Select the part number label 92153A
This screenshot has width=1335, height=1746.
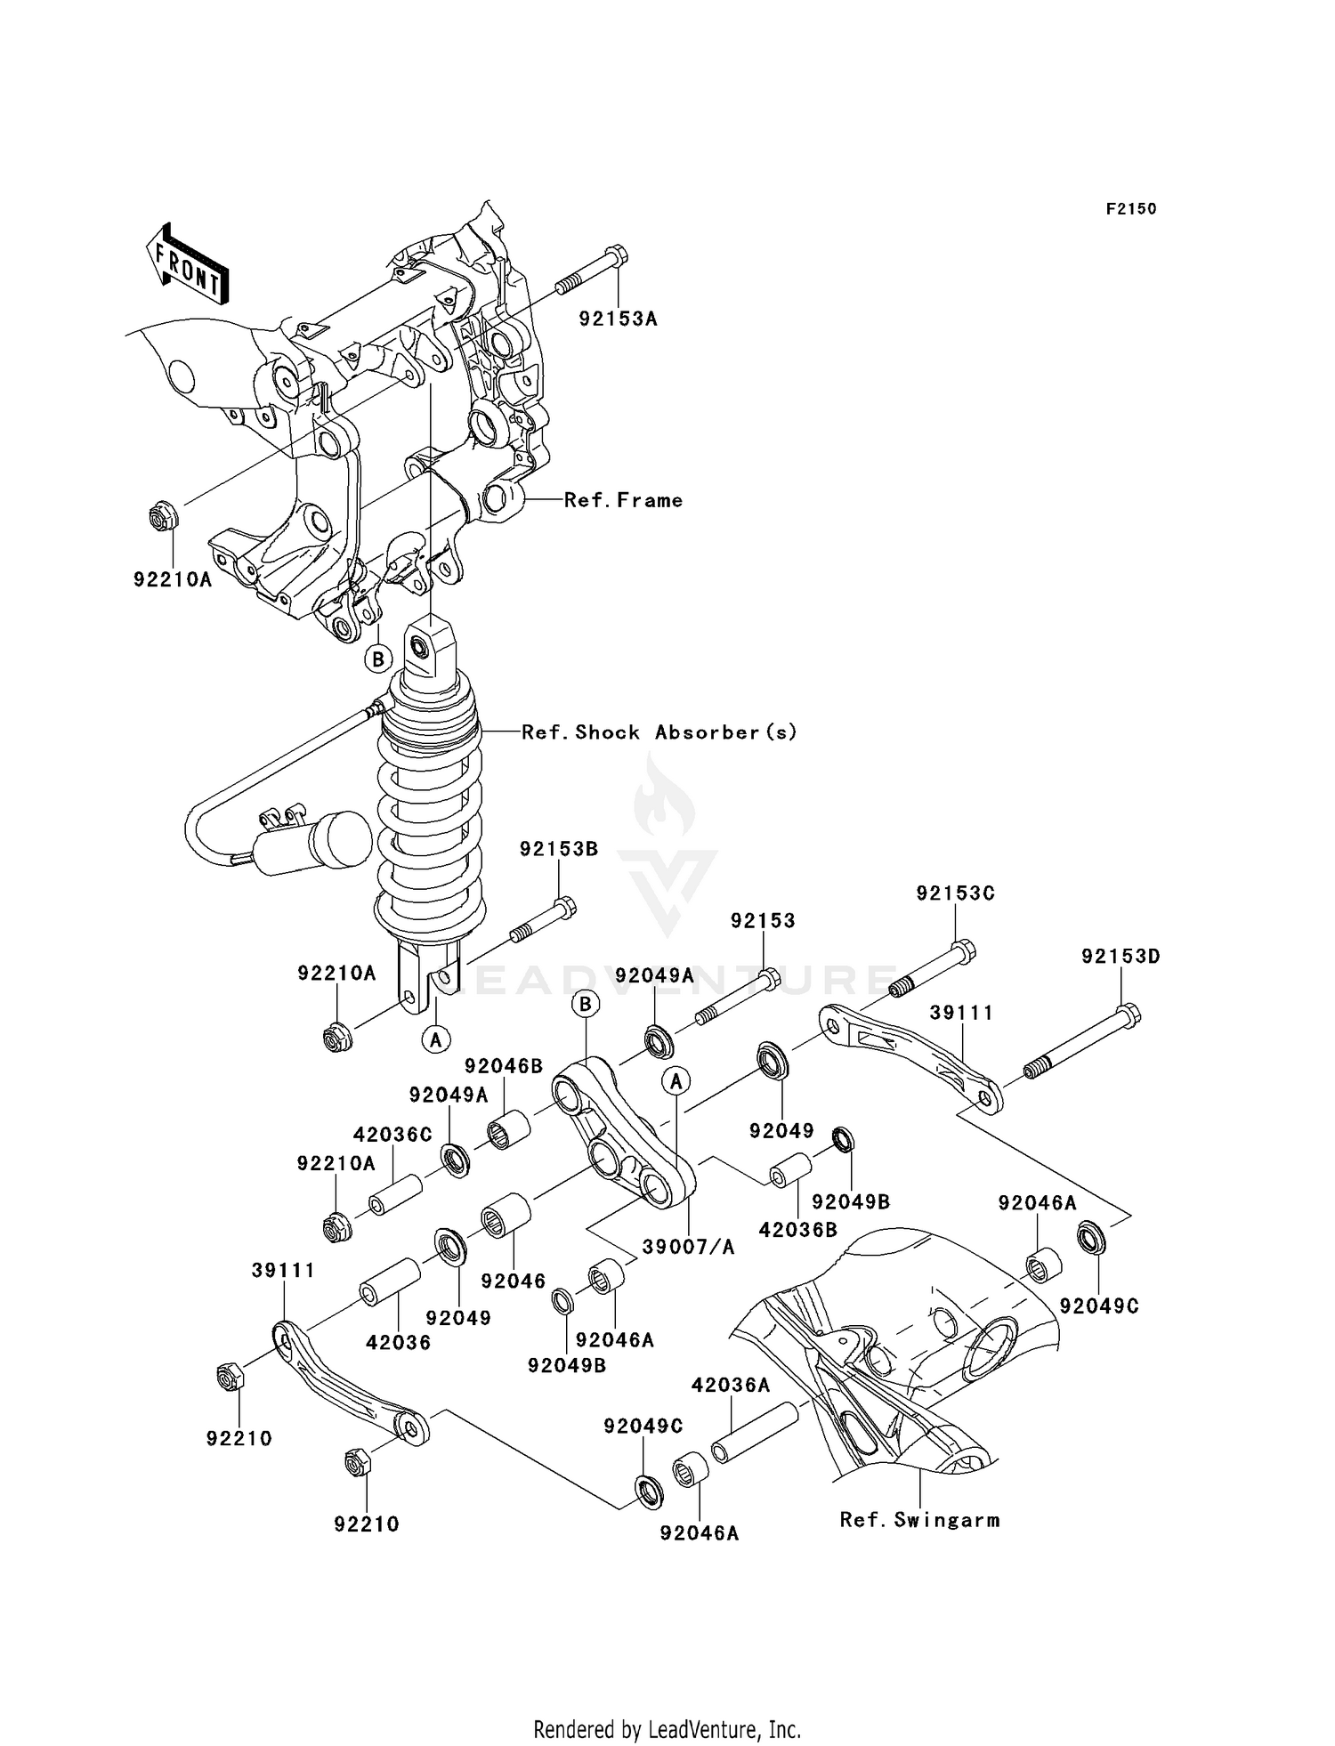point(618,319)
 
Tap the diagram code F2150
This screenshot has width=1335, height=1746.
point(1131,209)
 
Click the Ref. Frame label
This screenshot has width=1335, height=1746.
point(623,500)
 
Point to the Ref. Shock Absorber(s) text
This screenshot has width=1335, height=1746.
point(659,732)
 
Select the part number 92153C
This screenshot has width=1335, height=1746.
point(955,893)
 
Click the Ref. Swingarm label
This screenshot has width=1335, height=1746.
point(919,1519)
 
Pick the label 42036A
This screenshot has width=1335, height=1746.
point(731,1386)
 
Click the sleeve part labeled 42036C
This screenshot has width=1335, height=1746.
point(395,1194)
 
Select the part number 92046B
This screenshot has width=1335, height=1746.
point(503,1065)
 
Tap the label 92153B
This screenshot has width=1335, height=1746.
point(559,849)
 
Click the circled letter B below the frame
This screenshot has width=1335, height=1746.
point(378,659)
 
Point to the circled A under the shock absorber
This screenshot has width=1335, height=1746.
point(435,1039)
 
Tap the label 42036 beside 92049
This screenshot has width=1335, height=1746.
point(398,1342)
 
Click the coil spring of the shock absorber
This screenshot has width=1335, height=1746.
point(430,828)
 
